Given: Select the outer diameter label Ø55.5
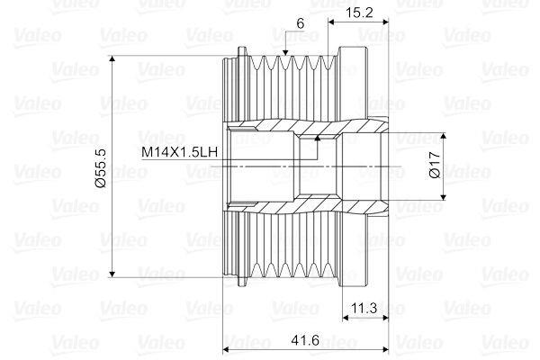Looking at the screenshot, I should click(100, 167).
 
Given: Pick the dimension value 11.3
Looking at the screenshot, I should click(364, 309).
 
